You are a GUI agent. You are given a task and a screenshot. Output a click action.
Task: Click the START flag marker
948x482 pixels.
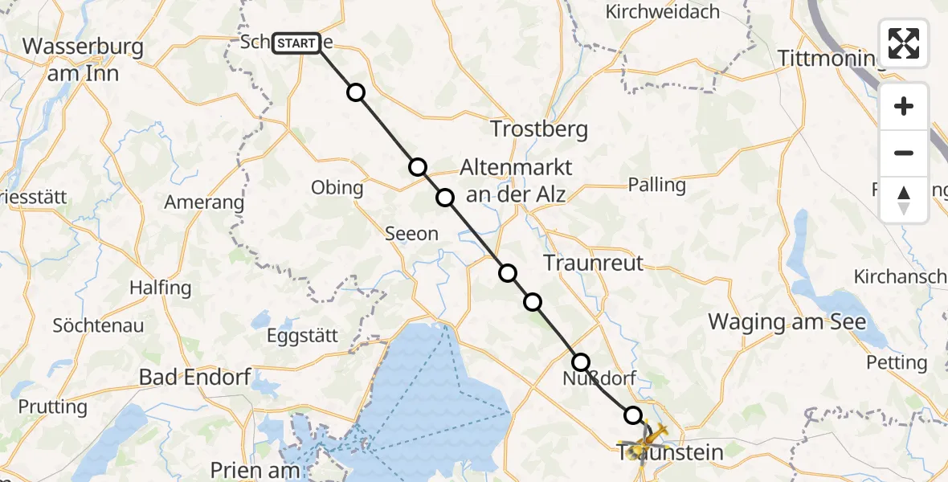coord(296,43)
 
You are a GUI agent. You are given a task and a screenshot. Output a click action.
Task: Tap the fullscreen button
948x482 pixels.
coord(904,43)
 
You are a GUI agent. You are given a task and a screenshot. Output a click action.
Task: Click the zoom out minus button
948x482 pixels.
coord(904,153)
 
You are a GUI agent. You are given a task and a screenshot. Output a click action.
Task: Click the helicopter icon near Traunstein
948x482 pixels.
coord(648,440)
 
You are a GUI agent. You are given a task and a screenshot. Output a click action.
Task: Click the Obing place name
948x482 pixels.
coord(337,188)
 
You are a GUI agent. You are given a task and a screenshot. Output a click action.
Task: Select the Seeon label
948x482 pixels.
coord(411,234)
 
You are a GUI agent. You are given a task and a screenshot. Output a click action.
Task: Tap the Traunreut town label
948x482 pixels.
coord(593,262)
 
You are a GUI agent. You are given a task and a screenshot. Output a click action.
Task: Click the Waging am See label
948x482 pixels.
coord(787,322)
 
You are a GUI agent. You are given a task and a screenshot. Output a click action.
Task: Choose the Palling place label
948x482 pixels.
coord(657,185)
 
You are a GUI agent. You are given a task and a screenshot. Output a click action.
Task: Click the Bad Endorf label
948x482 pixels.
coord(195,376)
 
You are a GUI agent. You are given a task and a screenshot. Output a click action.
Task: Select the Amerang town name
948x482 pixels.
coord(204,202)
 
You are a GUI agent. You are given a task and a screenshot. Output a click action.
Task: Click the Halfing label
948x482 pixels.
coord(161,288)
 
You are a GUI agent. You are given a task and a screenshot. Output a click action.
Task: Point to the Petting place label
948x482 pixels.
coord(897,362)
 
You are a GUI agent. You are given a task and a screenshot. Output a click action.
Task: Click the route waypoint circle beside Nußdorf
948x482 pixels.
coord(580,362)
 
